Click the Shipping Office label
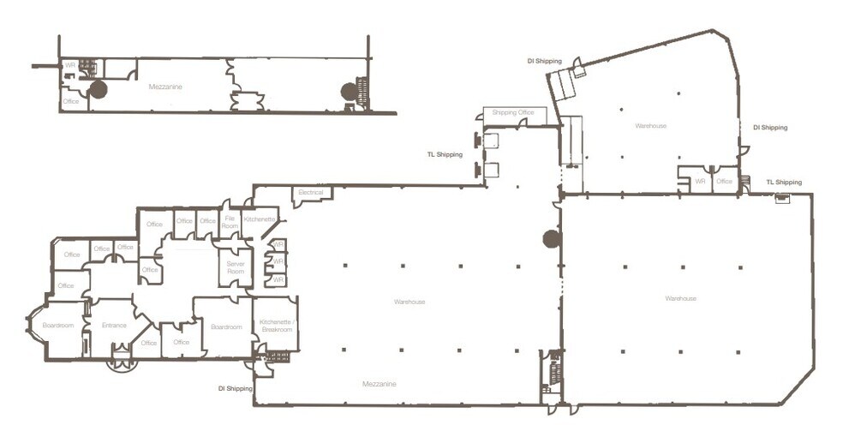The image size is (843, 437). [514, 112]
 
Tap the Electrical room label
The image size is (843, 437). [311, 193]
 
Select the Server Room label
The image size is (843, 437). [236, 267]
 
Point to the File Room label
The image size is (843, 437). [230, 220]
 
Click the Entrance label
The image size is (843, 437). [114, 325]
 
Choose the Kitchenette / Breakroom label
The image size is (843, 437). [276, 326]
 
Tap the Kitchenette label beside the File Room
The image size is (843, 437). [260, 220]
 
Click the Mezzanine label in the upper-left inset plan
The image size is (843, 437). [165, 87]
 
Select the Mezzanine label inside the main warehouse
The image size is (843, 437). [379, 384]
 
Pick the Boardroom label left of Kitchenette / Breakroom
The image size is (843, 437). [226, 326]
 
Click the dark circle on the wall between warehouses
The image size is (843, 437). [551, 239]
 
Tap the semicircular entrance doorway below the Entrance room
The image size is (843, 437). [122, 364]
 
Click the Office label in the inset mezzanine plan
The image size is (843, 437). [71, 102]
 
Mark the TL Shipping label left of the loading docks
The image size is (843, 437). [445, 155]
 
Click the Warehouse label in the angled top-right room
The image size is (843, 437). [650, 126]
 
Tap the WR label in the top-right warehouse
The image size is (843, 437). [700, 181]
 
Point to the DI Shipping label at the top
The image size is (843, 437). [544, 61]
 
